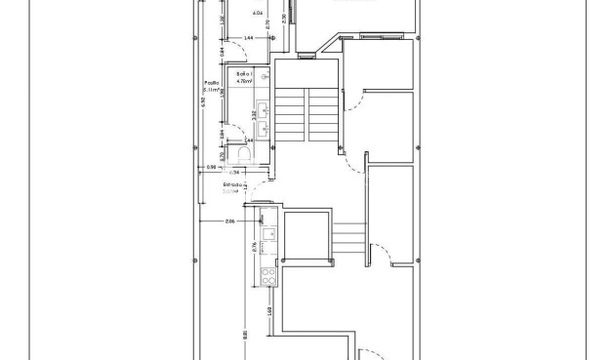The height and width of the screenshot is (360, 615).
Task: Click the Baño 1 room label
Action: click(243, 74)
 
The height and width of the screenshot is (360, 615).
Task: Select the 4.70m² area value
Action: click(243, 83)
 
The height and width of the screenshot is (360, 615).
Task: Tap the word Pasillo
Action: click(210, 83)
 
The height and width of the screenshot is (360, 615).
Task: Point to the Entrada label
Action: click(232, 184)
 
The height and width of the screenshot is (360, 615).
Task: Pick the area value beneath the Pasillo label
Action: click(210, 91)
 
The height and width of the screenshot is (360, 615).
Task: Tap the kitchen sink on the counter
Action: click(267, 234)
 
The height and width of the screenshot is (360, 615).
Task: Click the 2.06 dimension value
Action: click(230, 222)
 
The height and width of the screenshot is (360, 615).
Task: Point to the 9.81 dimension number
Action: click(244, 335)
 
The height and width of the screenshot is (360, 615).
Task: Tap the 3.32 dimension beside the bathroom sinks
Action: click(255, 114)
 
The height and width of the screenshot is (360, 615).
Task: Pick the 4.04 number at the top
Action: click(258, 14)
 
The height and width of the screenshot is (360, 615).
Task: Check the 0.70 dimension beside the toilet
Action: click(223, 154)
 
